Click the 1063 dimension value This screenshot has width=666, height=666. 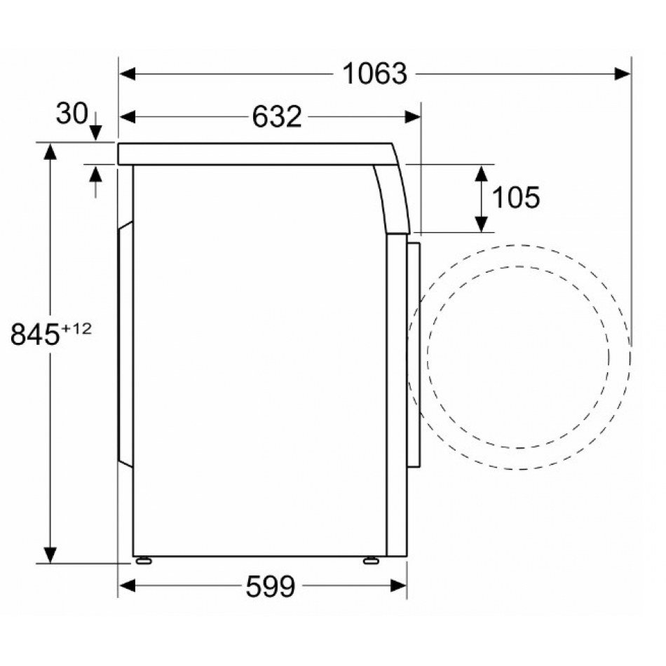click(374, 74)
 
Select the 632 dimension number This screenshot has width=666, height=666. click(277, 116)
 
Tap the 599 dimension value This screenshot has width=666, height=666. click(271, 586)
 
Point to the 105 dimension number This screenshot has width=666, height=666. click(516, 197)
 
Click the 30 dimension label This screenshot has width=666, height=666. click(72, 114)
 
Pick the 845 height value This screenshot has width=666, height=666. click(35, 334)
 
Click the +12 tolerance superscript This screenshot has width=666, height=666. click(77, 328)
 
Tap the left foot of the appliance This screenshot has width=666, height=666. click(144, 561)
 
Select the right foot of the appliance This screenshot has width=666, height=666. click(371, 561)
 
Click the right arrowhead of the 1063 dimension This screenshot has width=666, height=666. click(623, 74)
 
